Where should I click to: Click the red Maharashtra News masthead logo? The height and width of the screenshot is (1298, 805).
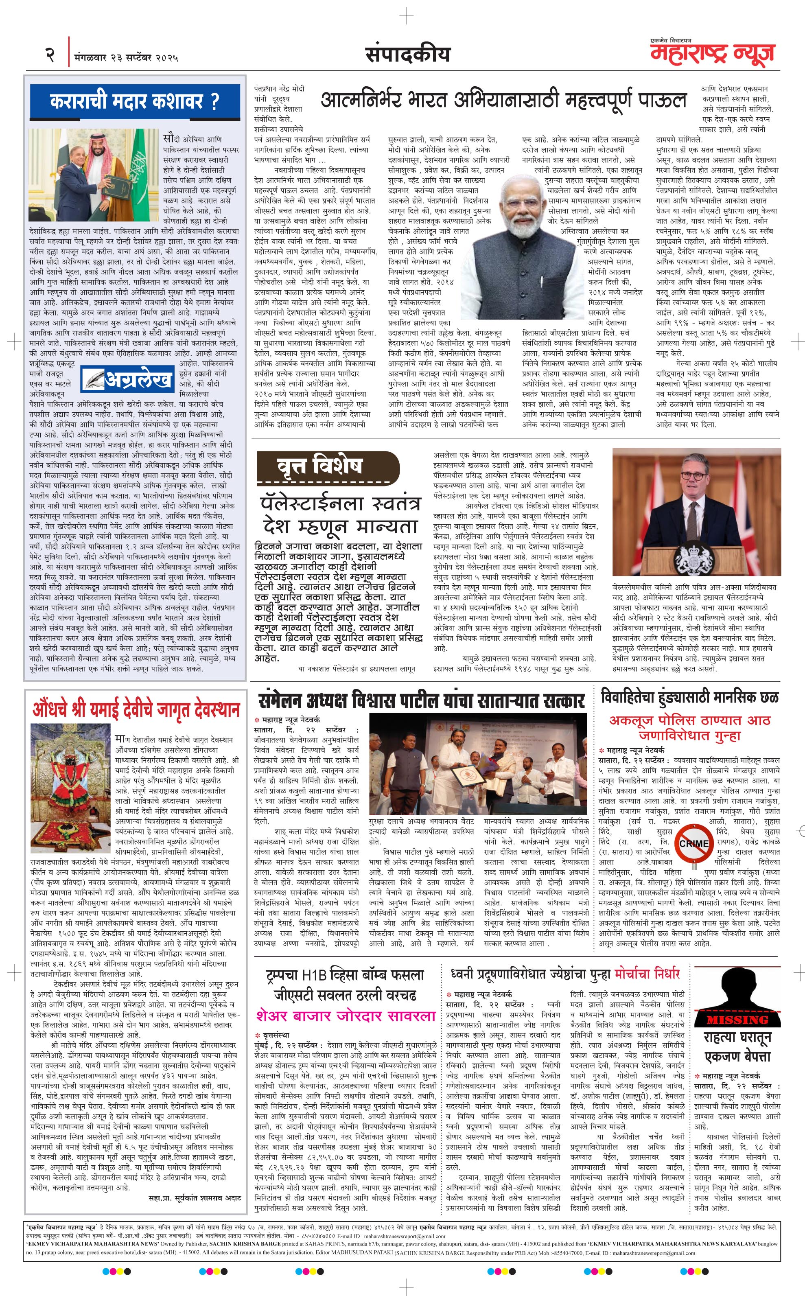click(712, 54)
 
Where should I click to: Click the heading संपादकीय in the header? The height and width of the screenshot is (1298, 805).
click(407, 54)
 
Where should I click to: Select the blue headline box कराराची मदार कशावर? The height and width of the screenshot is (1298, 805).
click(135, 101)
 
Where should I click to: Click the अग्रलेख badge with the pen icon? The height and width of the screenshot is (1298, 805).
click(128, 379)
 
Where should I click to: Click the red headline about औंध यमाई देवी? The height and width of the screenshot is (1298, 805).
click(136, 710)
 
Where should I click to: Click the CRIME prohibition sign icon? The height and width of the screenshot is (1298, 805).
click(694, 843)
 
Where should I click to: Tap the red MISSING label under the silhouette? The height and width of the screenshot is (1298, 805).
click(737, 1020)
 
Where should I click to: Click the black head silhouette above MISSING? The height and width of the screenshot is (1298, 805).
click(737, 987)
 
